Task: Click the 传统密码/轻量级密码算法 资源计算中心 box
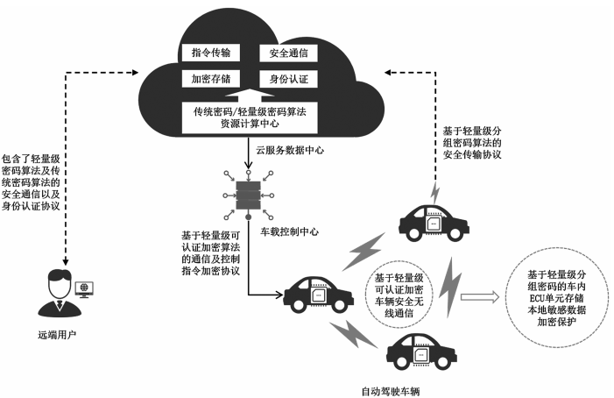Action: pyautogui.click(x=251, y=116)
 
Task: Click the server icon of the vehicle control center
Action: pyautogui.click(x=250, y=195)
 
